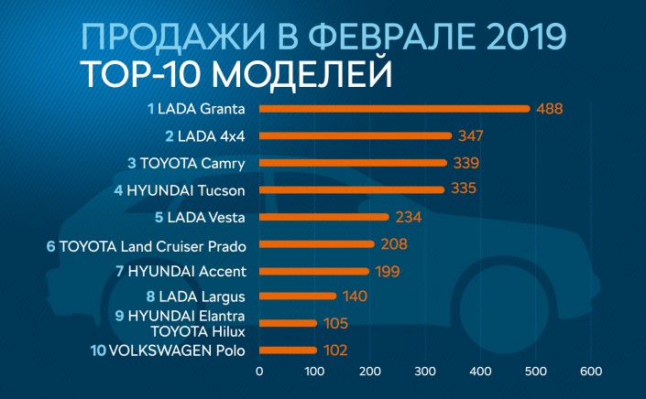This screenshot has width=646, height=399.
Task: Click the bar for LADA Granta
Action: tap(394, 109)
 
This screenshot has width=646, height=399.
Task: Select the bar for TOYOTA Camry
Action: tap(353, 163)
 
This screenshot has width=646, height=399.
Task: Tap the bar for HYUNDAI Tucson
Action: tap(351, 190)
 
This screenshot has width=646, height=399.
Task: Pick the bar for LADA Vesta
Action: tap(323, 217)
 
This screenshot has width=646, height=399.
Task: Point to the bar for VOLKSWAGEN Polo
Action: tap(288, 350)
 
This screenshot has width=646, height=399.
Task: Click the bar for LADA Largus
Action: tap(298, 296)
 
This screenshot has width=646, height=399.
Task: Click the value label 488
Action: tap(549, 109)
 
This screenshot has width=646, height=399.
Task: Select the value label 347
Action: tap(470, 136)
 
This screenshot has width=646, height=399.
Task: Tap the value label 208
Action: tap(394, 244)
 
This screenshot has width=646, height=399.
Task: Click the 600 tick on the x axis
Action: tap(591, 372)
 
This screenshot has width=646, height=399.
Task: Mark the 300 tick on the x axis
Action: tap(425, 372)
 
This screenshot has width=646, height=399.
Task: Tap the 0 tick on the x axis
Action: tap(259, 372)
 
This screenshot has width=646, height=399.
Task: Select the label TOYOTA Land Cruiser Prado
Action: tap(152, 244)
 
